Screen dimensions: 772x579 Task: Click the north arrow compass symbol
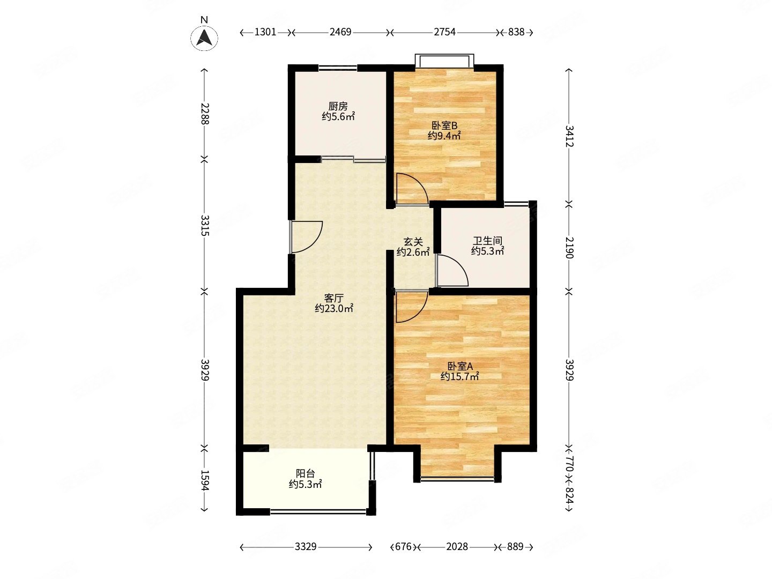[x=204, y=38]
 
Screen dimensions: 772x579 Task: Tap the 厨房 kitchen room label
[x=338, y=106]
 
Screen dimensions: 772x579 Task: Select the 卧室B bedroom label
[x=444, y=125]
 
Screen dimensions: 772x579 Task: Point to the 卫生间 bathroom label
[x=487, y=241]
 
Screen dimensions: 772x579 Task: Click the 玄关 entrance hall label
[x=413, y=242]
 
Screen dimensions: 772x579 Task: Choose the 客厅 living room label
[x=334, y=298]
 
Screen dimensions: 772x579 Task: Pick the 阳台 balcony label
[x=305, y=473]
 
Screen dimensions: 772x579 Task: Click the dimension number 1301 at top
[x=265, y=32]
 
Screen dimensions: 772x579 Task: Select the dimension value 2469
[x=340, y=32]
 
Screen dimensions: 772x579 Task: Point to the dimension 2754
[x=444, y=32]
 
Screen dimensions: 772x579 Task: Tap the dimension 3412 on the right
[x=569, y=136]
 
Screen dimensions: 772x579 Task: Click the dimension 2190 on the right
[x=569, y=248]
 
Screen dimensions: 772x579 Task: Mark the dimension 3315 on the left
[x=205, y=225]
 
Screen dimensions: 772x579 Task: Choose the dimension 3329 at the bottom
[x=306, y=547]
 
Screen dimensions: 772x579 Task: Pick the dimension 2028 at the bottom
[x=457, y=547]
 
